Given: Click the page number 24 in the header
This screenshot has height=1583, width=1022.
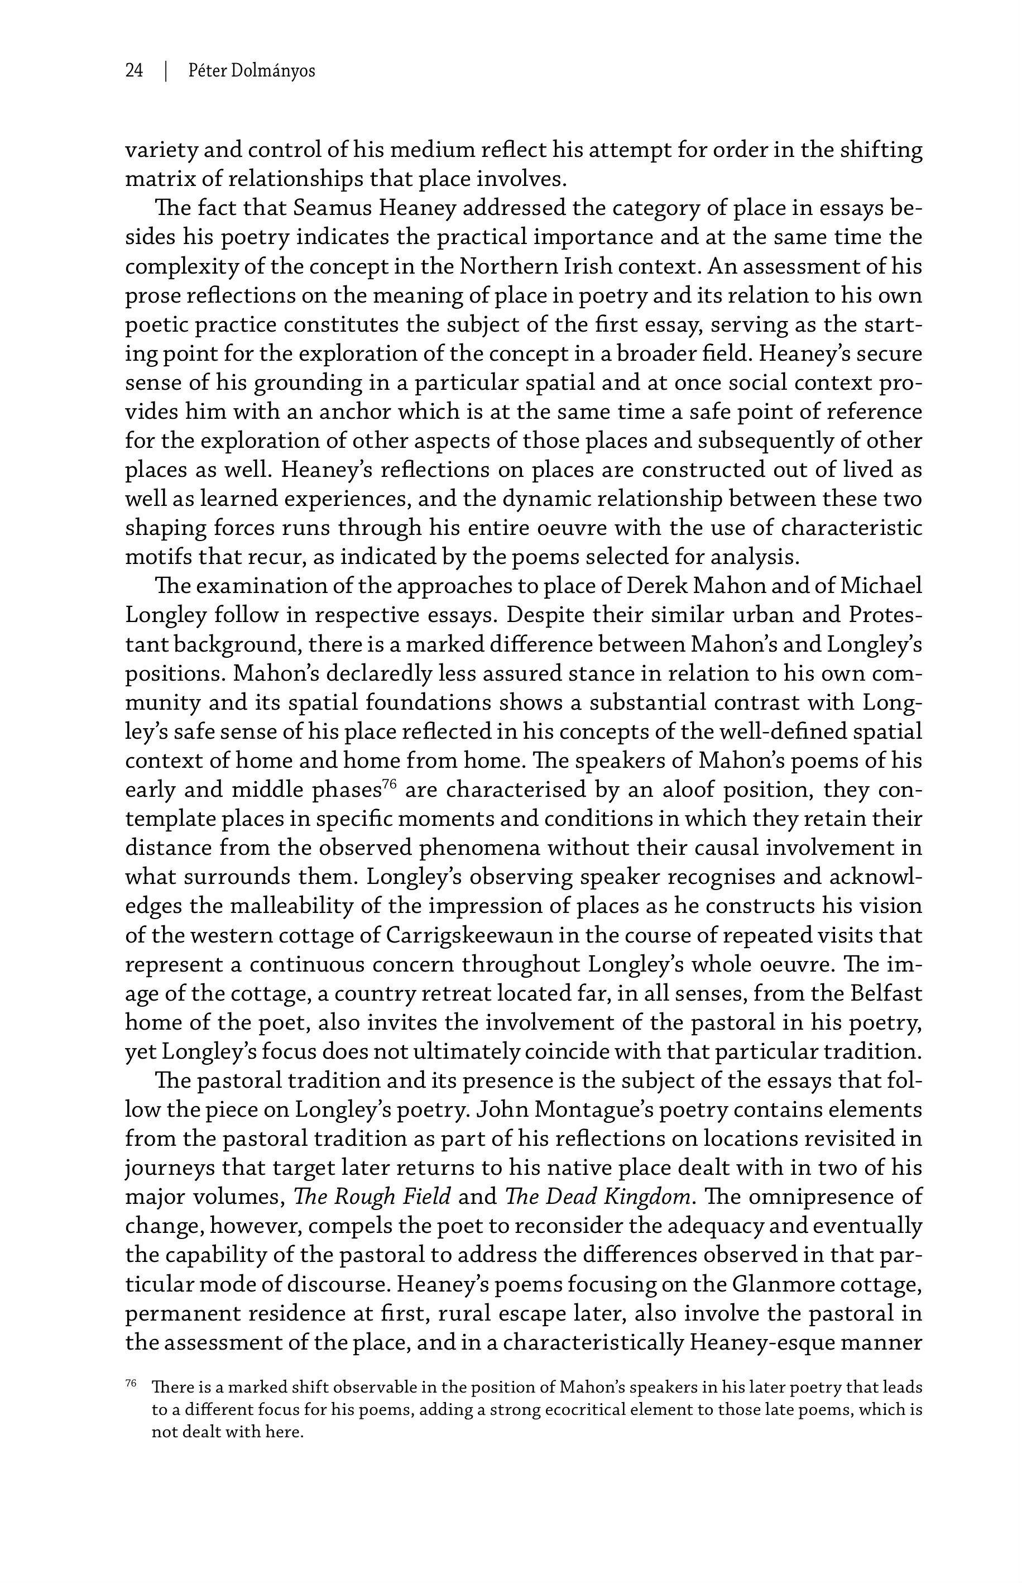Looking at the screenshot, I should (x=134, y=70).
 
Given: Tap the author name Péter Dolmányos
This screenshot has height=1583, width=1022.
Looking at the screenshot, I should (x=252, y=70).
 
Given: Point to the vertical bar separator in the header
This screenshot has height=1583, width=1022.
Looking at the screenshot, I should (x=165, y=70).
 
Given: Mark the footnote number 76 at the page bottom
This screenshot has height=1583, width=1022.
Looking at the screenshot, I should (x=131, y=1383).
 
